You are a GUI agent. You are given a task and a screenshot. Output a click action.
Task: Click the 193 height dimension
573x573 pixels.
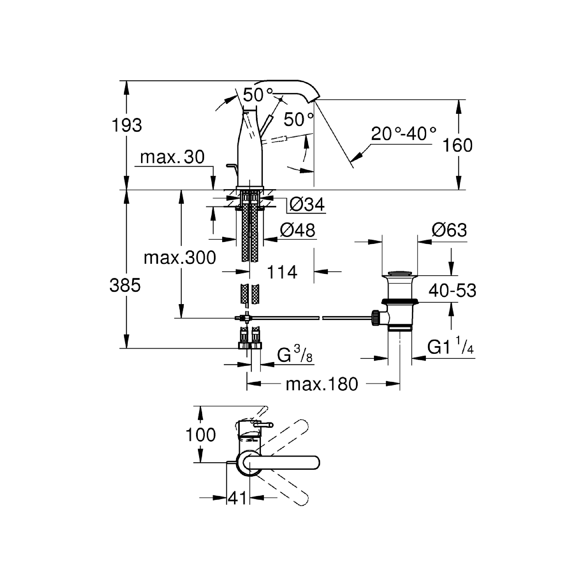127,125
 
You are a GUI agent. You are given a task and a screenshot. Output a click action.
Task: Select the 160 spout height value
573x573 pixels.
457,146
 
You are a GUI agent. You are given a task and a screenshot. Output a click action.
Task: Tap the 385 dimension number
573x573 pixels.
125,286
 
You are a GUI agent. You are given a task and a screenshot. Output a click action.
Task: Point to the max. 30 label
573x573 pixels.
172,157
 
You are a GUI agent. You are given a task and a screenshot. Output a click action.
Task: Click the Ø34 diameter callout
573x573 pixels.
307,204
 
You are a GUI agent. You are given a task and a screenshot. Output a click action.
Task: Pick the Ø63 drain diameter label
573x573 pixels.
449,230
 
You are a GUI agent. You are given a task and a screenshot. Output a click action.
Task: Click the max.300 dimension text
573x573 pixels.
180,258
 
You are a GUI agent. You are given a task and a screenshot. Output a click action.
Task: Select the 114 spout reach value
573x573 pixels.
282,272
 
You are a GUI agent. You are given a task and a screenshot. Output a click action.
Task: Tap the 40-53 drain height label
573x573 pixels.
452,290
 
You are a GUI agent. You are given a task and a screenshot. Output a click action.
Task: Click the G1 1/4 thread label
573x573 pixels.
450,346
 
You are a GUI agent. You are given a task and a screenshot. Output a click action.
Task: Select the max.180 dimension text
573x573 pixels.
322,384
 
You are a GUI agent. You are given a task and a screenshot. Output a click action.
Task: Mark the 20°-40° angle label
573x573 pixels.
403,134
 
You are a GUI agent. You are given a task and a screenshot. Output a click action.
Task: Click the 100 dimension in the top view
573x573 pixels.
200,435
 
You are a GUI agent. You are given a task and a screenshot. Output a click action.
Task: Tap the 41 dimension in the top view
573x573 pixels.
238,498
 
